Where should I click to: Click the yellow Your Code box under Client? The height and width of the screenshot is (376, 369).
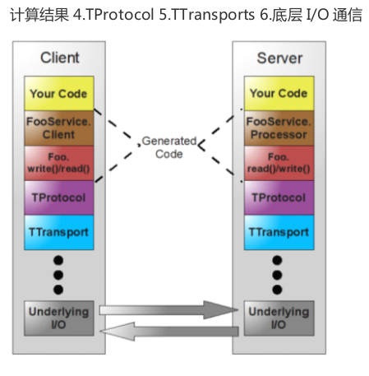coord(59,94)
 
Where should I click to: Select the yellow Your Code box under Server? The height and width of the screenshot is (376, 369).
coord(279,94)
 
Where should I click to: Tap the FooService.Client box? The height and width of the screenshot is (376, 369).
coord(59,128)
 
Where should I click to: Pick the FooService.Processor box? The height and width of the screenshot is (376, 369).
coord(279,128)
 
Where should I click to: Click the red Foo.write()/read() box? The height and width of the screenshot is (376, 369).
coord(59,163)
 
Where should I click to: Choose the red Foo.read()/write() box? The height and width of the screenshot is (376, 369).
coord(279,163)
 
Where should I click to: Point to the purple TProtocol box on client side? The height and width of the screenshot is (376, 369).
coord(59,197)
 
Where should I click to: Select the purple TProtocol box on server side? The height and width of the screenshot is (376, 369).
coord(279,197)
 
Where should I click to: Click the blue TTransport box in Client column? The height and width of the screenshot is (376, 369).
coord(59,232)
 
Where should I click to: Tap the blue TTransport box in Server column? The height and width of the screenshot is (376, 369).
coord(279,232)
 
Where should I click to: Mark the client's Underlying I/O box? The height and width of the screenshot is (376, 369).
coord(59,318)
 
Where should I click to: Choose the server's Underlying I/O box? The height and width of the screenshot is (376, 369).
coord(279,318)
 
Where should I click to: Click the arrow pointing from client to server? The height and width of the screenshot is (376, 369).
coord(168,310)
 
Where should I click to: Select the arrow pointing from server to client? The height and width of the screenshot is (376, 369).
coord(168,332)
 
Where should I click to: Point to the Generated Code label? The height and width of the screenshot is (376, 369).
coord(169,147)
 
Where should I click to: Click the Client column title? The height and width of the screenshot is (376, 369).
coord(60,58)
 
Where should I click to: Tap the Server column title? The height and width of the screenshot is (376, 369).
coord(279,58)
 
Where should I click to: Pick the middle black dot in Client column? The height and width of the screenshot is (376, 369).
coord(58,275)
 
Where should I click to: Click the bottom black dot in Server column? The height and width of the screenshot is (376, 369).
coord(277,290)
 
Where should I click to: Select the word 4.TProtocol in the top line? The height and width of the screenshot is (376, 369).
coord(113,15)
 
